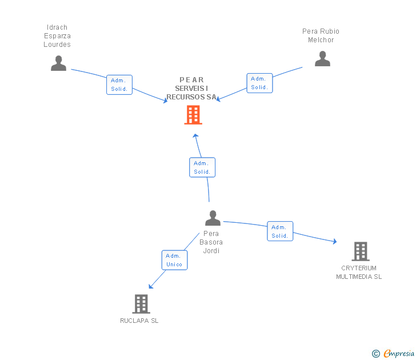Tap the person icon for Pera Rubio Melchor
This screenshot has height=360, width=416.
(x=322, y=59)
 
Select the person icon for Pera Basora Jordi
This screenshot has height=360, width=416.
(x=213, y=218)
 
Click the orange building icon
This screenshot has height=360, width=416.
(x=193, y=115)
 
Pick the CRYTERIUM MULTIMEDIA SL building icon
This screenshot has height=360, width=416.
(x=360, y=251)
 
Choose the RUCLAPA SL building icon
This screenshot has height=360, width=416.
(x=141, y=304)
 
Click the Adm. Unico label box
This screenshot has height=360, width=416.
(x=174, y=260)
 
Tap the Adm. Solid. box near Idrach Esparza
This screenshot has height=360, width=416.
(x=119, y=85)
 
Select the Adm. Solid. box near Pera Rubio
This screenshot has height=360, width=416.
(x=259, y=83)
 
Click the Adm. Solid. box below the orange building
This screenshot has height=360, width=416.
(x=202, y=167)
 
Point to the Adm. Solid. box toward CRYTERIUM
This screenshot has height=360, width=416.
(x=280, y=231)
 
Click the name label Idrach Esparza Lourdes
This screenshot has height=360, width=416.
(x=57, y=36)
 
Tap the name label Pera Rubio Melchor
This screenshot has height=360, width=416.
(x=321, y=35)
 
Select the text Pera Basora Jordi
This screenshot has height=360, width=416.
(x=211, y=242)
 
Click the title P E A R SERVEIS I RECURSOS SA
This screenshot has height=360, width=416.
(x=191, y=89)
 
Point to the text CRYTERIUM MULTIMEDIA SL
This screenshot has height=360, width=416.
(x=359, y=273)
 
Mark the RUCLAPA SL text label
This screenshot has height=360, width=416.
(x=139, y=321)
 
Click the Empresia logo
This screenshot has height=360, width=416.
(x=398, y=354)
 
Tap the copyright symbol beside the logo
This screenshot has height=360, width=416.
(x=376, y=354)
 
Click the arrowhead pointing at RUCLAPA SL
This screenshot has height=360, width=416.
(x=150, y=287)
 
